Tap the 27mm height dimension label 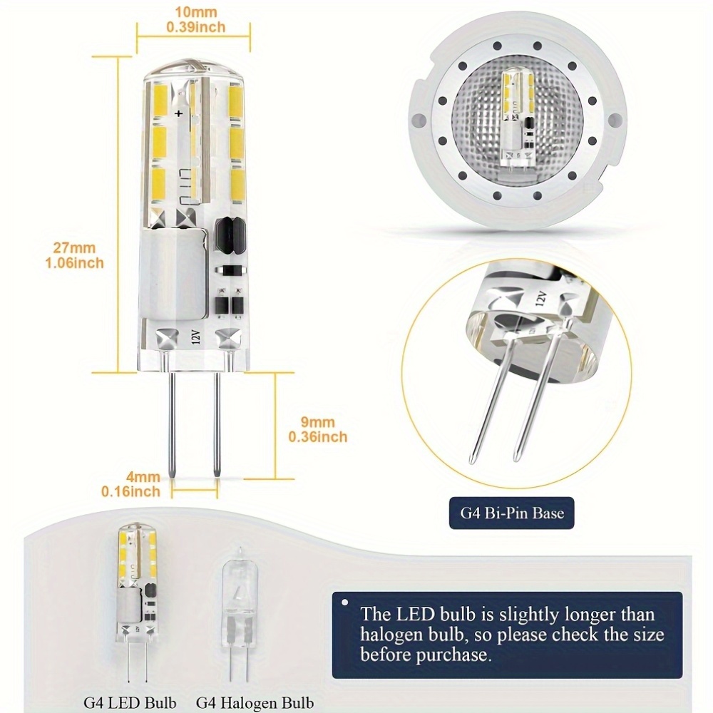click(73, 248)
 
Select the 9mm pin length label click(317, 422)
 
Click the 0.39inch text click(195, 27)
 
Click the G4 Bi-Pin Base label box click(511, 511)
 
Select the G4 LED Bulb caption click(130, 702)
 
